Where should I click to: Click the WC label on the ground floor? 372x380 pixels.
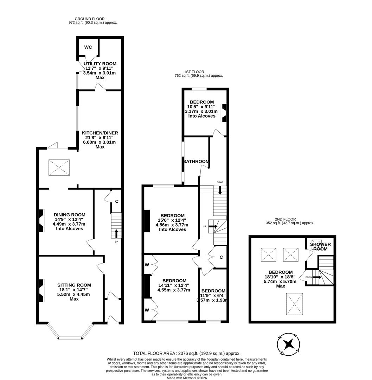pos(88,47)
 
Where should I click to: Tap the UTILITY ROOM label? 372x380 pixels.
pos(100,64)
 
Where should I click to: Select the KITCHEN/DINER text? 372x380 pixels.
pos(100,133)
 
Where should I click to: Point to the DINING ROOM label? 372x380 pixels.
pos(69,215)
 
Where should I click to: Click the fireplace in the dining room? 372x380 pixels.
pos(41,221)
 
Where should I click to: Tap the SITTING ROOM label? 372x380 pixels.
pos(74,285)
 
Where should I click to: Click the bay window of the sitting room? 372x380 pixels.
pos(71,337)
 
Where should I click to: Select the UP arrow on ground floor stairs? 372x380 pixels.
pos(116,234)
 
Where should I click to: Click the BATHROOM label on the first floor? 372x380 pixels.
pos(196,161)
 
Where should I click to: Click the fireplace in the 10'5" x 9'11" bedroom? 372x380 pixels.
pos(224,113)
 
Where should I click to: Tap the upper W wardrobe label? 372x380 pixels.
pos(147,264)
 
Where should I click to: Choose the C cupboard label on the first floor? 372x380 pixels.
pos(221,257)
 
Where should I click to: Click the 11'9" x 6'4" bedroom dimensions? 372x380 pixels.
pos(213,296)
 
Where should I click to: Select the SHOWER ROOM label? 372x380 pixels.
pos(320,246)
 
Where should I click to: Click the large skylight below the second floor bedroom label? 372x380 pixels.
pos(294,304)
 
